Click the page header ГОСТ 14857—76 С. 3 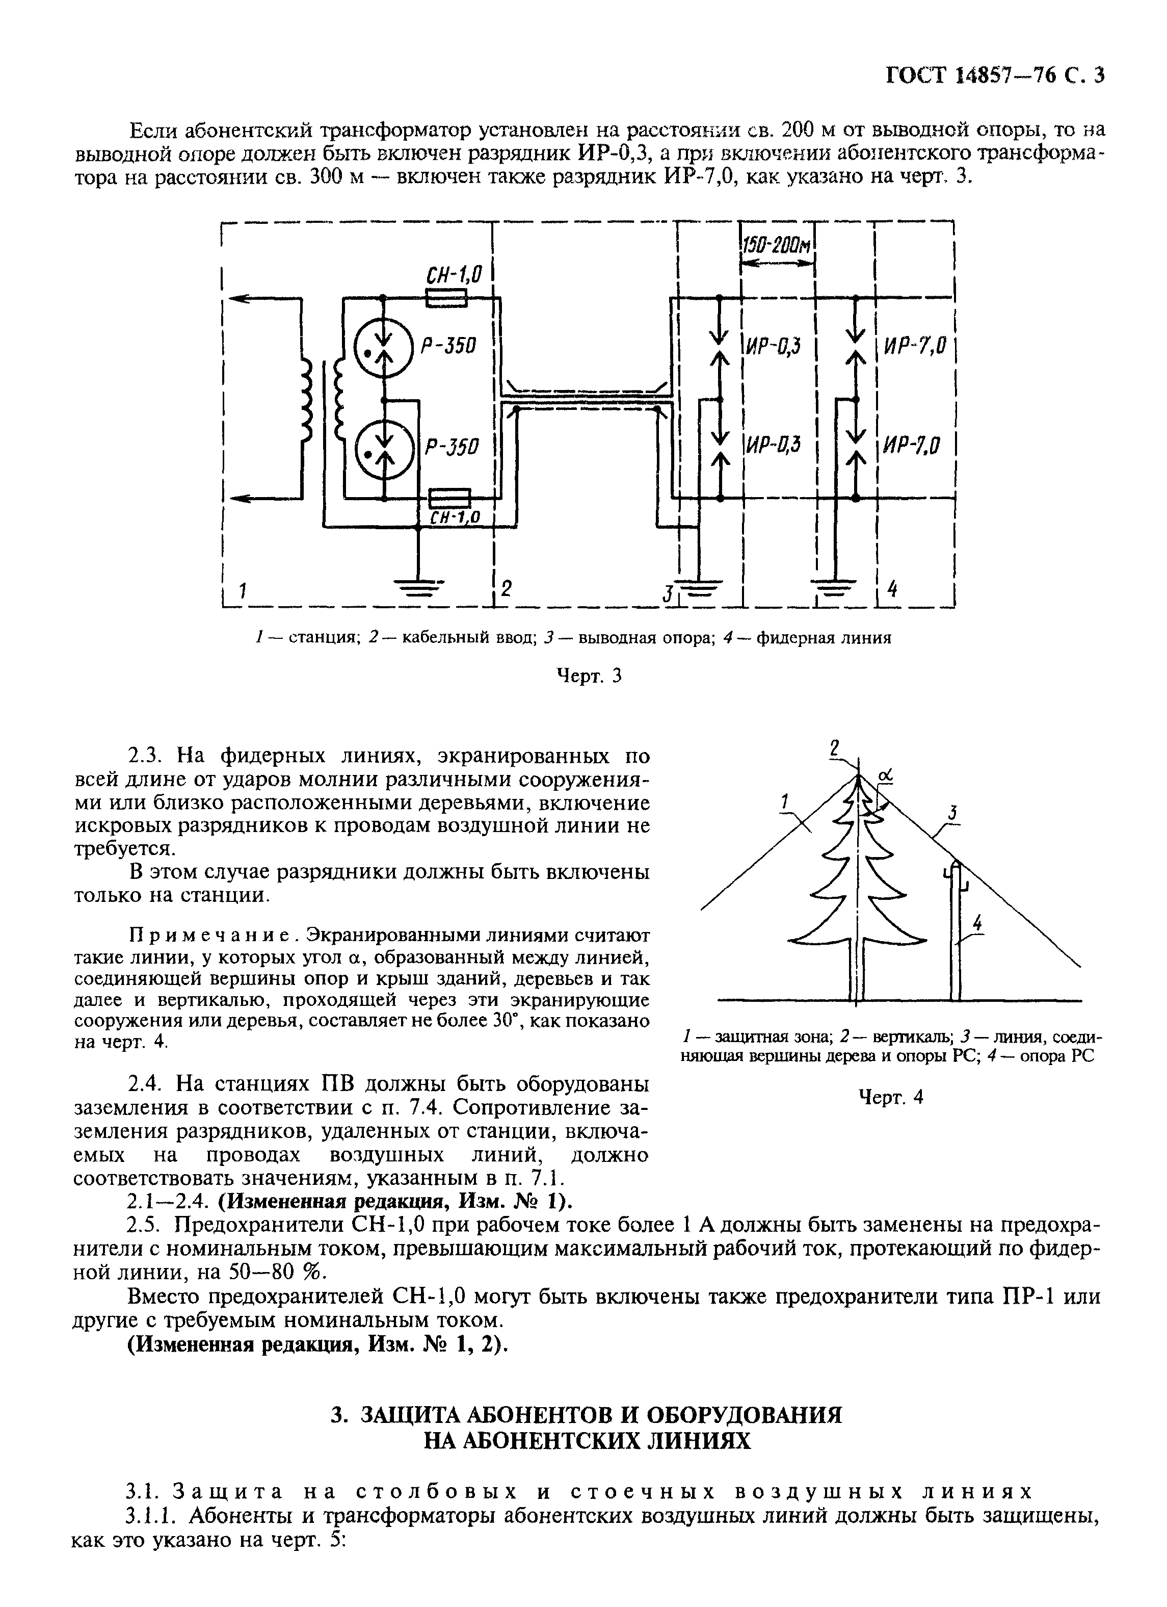coord(995,75)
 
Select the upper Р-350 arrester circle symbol coord(384,348)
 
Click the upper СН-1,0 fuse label coord(453,273)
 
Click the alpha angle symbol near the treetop coord(885,778)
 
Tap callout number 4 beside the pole coord(978,922)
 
